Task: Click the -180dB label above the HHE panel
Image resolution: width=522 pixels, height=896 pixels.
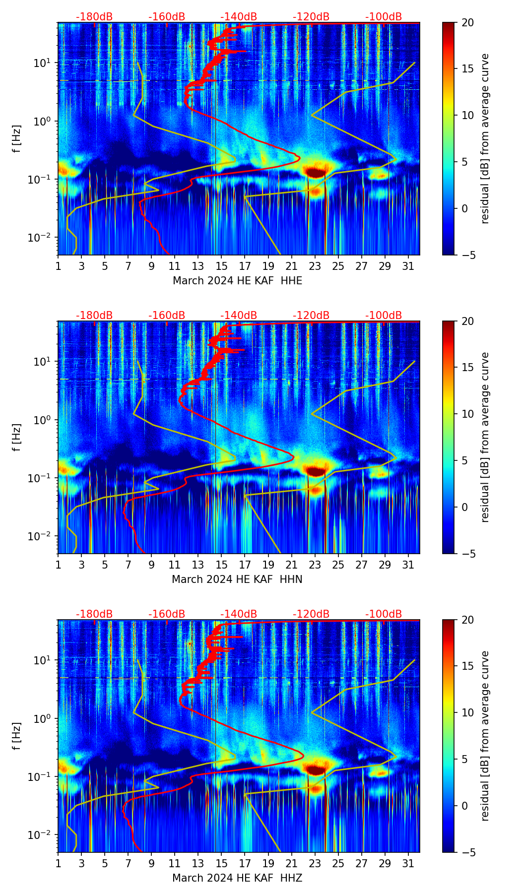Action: pos(94,17)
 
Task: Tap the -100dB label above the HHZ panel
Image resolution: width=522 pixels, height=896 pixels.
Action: pos(384,614)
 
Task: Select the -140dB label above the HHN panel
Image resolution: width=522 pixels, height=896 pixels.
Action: pos(239,316)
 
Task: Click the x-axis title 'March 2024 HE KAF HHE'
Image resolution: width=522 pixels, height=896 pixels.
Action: pos(237,281)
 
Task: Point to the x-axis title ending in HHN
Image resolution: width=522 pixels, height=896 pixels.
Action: pos(237,579)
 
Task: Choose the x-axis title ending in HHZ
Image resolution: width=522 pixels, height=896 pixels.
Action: pos(237,878)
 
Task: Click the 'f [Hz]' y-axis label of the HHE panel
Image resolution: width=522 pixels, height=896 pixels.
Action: pos(17,138)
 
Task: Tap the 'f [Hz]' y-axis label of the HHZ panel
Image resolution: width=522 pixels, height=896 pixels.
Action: pos(17,736)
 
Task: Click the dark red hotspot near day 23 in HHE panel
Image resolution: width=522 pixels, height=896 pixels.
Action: pos(316,172)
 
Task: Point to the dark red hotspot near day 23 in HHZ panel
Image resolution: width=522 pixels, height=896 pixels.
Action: pos(316,769)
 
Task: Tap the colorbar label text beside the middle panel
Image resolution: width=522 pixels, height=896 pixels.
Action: pos(485,437)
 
